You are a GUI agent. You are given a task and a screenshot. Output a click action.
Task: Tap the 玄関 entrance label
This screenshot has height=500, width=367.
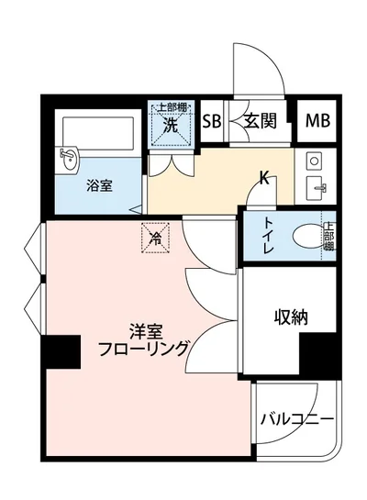(261, 121)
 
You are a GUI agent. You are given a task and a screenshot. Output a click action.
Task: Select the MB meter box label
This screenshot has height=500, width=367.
(317, 121)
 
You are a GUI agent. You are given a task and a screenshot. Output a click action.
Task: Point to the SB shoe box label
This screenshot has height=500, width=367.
(211, 121)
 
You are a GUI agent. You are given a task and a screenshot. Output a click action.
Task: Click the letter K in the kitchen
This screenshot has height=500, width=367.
(264, 178)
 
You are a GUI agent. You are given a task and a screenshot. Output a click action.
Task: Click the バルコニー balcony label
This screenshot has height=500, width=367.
(295, 419)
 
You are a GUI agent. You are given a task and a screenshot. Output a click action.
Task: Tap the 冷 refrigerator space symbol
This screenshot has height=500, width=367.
(155, 239)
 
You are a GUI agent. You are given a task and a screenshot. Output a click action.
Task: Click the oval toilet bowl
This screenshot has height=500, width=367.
(303, 238)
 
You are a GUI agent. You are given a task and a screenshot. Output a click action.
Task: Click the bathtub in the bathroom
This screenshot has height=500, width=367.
(101, 138)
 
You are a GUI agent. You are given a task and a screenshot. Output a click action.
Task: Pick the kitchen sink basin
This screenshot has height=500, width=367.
(317, 188)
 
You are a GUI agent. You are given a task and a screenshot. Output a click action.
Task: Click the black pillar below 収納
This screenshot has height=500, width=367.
(320, 353)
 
